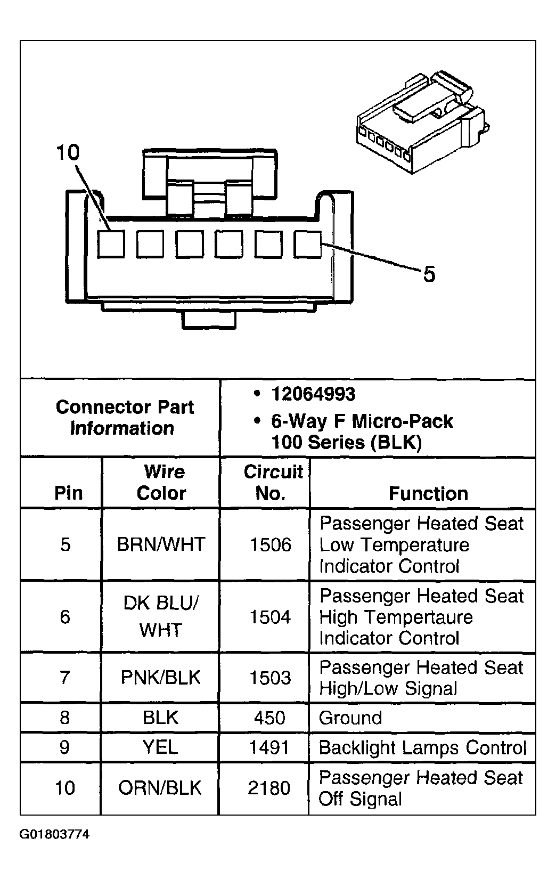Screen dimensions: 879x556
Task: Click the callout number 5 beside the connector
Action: pyautogui.click(x=429, y=275)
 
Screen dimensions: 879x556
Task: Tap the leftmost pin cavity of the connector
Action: pyautogui.click(x=111, y=244)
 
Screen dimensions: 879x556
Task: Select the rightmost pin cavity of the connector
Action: pyautogui.click(x=308, y=244)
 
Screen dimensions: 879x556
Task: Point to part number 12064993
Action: pyautogui.click(x=313, y=394)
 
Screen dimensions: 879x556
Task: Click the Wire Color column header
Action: pyautogui.click(x=161, y=483)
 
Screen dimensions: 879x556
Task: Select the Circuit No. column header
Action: pyautogui.click(x=272, y=483)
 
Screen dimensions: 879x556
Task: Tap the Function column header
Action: pyautogui.click(x=428, y=494)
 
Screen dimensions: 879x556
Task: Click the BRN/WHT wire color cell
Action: pyautogui.click(x=161, y=544)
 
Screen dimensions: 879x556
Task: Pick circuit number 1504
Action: pyautogui.click(x=271, y=617)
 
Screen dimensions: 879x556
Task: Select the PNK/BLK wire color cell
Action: pyautogui.click(x=161, y=678)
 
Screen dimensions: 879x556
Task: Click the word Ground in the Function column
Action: pyautogui.click(x=350, y=718)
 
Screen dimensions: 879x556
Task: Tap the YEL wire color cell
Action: pyautogui.click(x=160, y=747)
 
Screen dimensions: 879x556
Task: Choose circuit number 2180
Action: pyautogui.click(x=269, y=788)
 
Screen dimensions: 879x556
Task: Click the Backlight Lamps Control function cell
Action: pyautogui.click(x=422, y=747)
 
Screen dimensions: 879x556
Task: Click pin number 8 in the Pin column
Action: pyautogui.click(x=65, y=718)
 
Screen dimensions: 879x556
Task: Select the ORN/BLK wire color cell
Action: pyautogui.click(x=160, y=788)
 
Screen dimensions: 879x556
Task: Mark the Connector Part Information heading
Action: pyautogui.click(x=124, y=418)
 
